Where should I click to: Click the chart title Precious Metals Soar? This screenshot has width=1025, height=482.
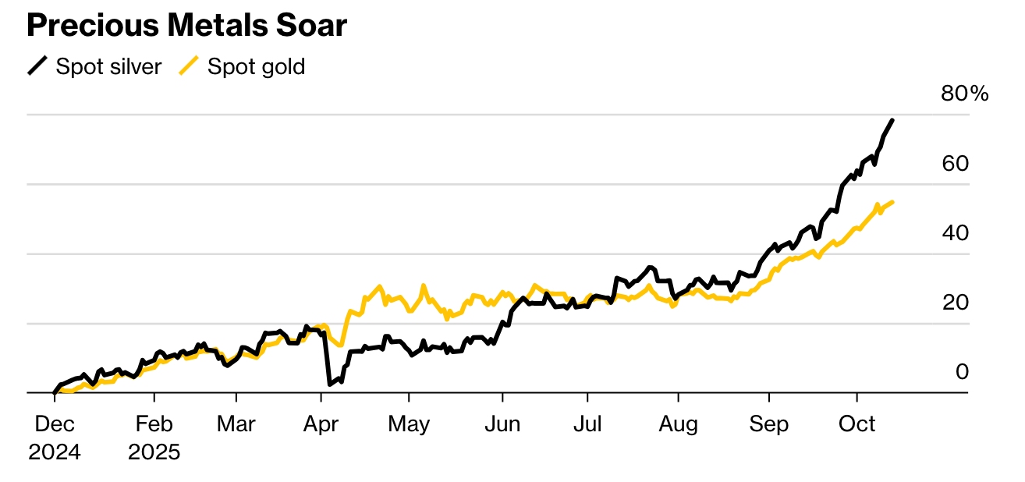pyautogui.click(x=187, y=26)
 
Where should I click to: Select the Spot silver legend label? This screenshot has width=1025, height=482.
pyautogui.click(x=108, y=67)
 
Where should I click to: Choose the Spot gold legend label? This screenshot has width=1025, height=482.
pyautogui.click(x=256, y=67)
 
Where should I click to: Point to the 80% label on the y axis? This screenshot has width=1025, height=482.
pyautogui.click(x=964, y=94)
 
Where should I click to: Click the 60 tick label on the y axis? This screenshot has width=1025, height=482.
pyautogui.click(x=955, y=164)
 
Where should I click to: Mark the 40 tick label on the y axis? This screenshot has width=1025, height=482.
pyautogui.click(x=955, y=233)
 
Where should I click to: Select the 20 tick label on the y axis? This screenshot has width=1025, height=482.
pyautogui.click(x=955, y=303)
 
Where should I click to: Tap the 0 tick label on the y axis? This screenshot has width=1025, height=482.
pyautogui.click(x=962, y=372)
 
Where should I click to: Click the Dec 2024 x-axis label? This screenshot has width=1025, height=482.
pyautogui.click(x=55, y=438)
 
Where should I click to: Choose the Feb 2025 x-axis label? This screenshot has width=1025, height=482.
pyautogui.click(x=154, y=438)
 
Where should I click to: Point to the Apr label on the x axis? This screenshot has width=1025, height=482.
pyautogui.click(x=321, y=425)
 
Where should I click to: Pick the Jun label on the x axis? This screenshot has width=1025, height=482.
pyautogui.click(x=502, y=425)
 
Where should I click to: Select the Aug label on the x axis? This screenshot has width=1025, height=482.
pyautogui.click(x=678, y=425)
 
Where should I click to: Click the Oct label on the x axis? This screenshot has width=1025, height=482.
pyautogui.click(x=857, y=425)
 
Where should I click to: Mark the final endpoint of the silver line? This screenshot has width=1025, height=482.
pyautogui.click(x=892, y=120)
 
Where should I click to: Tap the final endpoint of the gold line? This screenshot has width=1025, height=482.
pyautogui.click(x=892, y=202)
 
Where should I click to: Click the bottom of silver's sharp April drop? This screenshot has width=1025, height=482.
pyautogui.click(x=330, y=384)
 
